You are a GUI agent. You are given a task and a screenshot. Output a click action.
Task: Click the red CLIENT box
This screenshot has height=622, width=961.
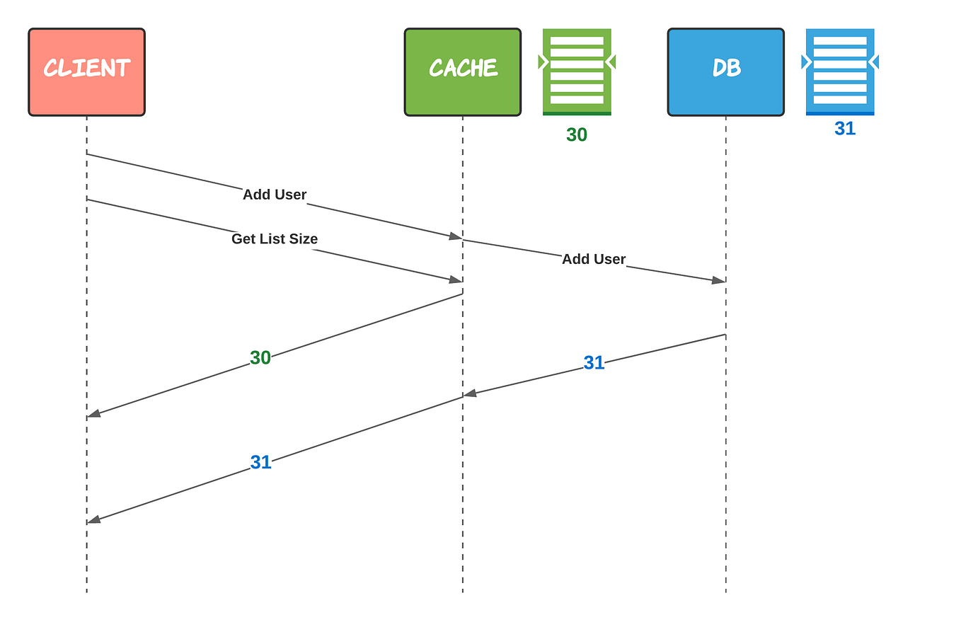pyautogui.click(x=86, y=72)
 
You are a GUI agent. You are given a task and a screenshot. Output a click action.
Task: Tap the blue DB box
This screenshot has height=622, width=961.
pyautogui.click(x=725, y=72)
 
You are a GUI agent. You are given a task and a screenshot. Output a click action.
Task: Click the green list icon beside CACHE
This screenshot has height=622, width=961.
pyautogui.click(x=577, y=71)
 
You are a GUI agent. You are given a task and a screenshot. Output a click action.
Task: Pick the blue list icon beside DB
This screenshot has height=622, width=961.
pyautogui.click(x=840, y=71)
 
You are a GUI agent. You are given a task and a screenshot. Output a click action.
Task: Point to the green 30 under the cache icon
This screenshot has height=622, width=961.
pyautogui.click(x=577, y=134)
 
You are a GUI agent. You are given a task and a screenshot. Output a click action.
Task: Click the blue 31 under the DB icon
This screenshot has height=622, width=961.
pyautogui.click(x=845, y=128)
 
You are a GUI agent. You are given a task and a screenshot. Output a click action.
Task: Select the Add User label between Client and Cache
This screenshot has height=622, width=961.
pyautogui.click(x=275, y=195)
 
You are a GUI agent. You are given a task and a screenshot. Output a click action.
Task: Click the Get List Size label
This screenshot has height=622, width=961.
pyautogui.click(x=275, y=239)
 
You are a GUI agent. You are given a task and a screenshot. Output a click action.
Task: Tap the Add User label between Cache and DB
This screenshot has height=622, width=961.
pyautogui.click(x=594, y=260)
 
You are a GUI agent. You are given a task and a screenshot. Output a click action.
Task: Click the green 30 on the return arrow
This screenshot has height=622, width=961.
pyautogui.click(x=260, y=358)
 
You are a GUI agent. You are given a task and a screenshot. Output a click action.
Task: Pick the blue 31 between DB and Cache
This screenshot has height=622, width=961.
pyautogui.click(x=594, y=363)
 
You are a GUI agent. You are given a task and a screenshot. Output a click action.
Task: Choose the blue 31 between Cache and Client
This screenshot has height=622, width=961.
pyautogui.click(x=260, y=462)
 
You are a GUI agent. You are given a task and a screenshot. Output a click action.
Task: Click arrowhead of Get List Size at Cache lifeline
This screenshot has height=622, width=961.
pyautogui.click(x=456, y=280)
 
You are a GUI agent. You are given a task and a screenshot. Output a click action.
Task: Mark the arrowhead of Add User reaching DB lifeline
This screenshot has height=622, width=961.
pyautogui.click(x=718, y=280)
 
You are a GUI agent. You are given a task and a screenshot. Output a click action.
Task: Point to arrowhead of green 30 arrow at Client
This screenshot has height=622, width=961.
pyautogui.click(x=94, y=413)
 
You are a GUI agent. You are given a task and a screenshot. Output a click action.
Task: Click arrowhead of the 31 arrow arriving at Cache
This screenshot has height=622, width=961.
pyautogui.click(x=471, y=393)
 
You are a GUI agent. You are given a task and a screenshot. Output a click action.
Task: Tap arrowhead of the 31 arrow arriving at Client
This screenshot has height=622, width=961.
pyautogui.click(x=94, y=519)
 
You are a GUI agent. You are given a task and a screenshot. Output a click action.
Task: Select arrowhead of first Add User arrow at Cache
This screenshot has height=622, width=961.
pyautogui.click(x=456, y=236)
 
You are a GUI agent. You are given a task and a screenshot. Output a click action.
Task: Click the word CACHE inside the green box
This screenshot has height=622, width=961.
pyautogui.click(x=463, y=68)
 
